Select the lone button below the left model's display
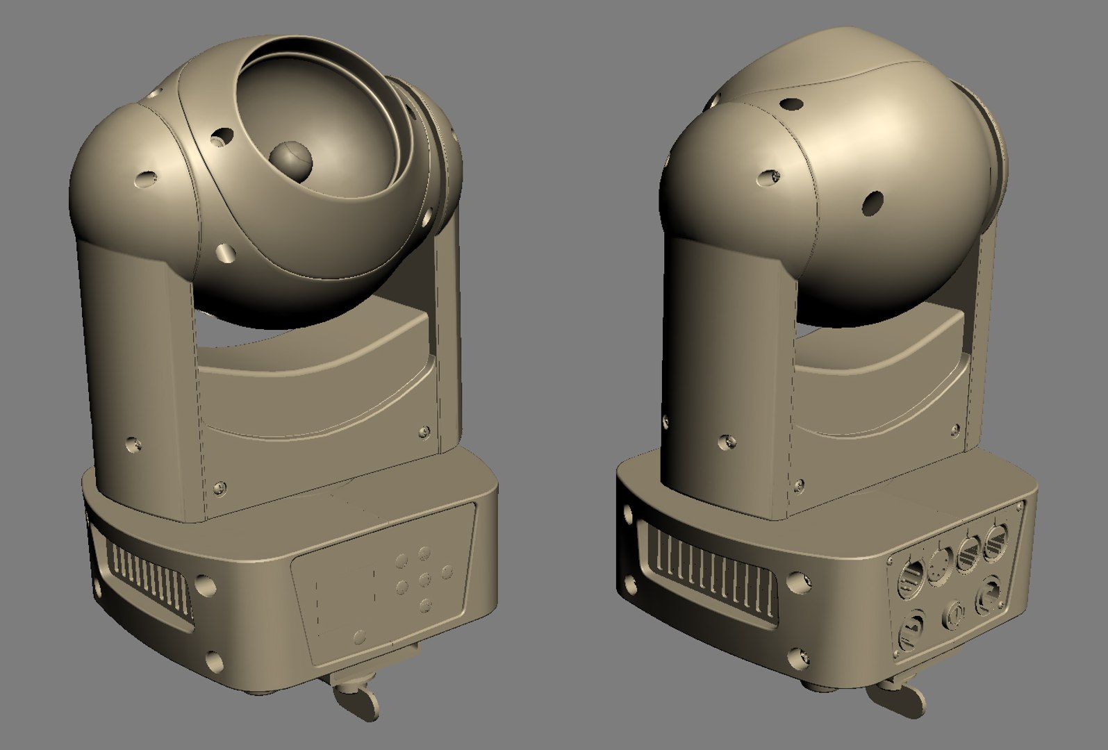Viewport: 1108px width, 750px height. click(359, 635)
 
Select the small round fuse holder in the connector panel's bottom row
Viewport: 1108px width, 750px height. click(953, 615)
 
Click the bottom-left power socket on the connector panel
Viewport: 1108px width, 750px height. click(911, 629)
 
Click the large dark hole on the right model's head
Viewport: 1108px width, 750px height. click(871, 203)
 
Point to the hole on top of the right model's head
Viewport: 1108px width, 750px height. click(791, 103)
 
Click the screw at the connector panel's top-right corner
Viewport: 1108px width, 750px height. click(1019, 507)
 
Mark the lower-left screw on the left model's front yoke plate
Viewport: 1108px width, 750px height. click(221, 488)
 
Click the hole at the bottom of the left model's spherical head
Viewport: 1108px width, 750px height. click(226, 252)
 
